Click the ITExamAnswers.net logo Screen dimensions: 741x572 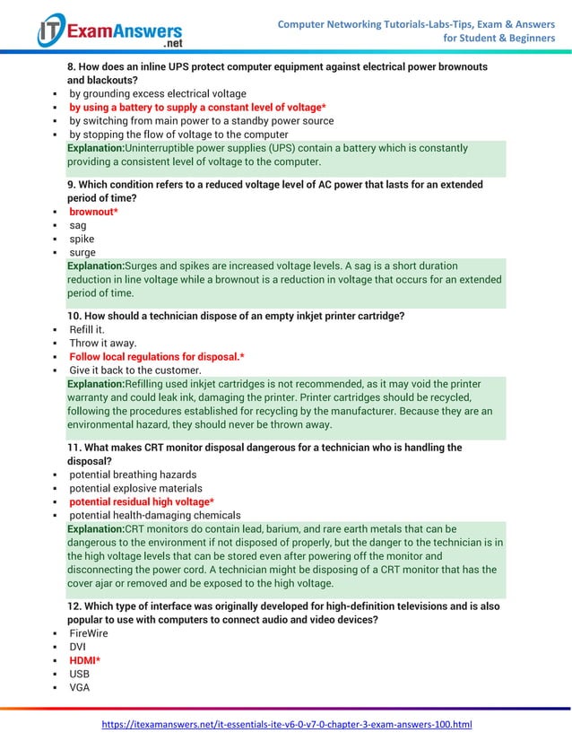point(109,31)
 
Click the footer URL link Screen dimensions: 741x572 point(286,724)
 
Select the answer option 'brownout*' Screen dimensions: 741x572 point(94,212)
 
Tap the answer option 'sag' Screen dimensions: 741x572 point(78,226)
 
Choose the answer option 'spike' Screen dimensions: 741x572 point(82,240)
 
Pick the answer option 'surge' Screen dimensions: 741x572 point(82,253)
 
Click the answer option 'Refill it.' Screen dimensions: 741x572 point(87,329)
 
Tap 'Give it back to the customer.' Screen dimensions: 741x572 point(135,370)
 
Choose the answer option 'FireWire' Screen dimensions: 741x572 point(89,632)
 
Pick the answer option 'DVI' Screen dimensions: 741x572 point(78,646)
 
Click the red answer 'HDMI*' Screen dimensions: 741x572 point(85,660)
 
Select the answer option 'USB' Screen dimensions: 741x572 point(80,674)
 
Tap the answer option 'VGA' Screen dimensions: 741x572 point(80,687)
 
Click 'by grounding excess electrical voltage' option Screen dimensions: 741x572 point(158,93)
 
